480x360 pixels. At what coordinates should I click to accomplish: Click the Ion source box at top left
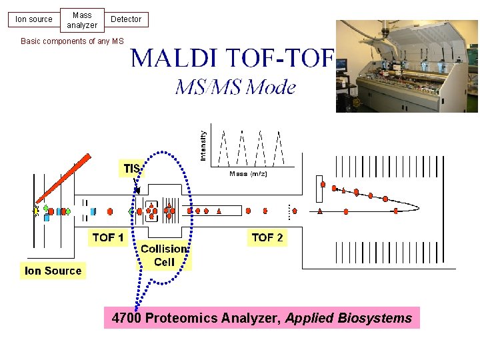click(x=34, y=19)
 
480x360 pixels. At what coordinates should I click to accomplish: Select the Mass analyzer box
click(x=82, y=20)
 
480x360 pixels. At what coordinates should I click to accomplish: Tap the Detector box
click(x=126, y=19)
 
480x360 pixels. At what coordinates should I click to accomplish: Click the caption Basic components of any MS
click(x=72, y=41)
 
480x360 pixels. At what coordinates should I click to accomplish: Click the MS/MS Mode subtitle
click(x=235, y=87)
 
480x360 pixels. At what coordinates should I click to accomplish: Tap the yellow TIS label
click(x=131, y=169)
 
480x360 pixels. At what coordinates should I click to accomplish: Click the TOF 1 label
click(x=107, y=237)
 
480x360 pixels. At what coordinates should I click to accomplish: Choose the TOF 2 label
click(x=267, y=237)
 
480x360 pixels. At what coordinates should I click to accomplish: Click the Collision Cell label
click(x=164, y=255)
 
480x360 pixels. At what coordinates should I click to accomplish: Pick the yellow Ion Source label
click(x=53, y=271)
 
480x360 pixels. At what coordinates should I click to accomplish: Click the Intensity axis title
click(x=203, y=145)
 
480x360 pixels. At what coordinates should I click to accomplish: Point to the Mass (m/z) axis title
click(x=248, y=174)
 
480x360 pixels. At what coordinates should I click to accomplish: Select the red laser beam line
click(x=63, y=178)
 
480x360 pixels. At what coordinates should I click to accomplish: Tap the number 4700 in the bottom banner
click(x=127, y=319)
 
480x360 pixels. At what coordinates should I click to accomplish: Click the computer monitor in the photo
click(x=341, y=65)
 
